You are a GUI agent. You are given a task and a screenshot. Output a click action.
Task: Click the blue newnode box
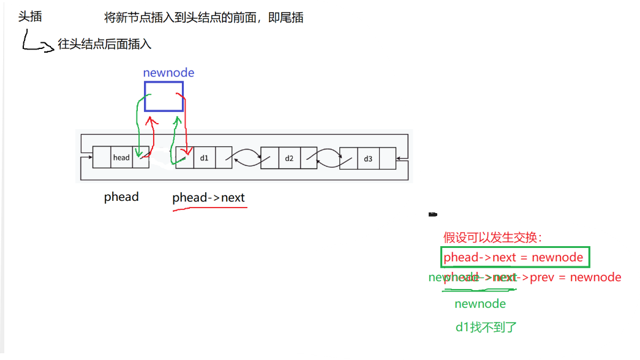coord(164,97)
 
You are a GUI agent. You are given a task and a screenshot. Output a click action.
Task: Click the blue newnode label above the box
coord(168,73)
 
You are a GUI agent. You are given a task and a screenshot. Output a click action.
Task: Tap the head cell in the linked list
coord(121,157)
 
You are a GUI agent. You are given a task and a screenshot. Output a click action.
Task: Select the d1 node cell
coord(205,158)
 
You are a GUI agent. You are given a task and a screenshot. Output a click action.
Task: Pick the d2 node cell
coord(289,159)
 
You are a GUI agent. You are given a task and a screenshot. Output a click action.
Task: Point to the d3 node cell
coord(367,159)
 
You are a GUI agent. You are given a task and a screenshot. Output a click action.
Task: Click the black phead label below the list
coord(121,197)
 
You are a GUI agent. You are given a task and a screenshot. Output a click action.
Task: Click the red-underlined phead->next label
coord(208,198)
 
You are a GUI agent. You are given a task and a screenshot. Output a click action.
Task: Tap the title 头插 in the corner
coord(30,17)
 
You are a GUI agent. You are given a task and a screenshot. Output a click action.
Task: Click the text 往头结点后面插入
coord(104,44)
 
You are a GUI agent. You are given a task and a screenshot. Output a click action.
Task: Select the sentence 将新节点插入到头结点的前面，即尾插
coord(204,18)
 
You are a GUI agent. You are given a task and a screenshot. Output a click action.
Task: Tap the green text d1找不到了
coord(486,328)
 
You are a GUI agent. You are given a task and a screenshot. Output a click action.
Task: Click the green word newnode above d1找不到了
coord(480,304)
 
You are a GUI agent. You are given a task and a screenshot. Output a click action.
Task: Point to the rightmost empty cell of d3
coord(387,159)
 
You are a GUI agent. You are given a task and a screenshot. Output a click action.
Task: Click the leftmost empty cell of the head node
coord(101,157)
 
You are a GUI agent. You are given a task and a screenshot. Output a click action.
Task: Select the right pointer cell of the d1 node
coord(224,158)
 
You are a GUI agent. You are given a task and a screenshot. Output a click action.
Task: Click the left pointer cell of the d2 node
coord(269,159)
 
